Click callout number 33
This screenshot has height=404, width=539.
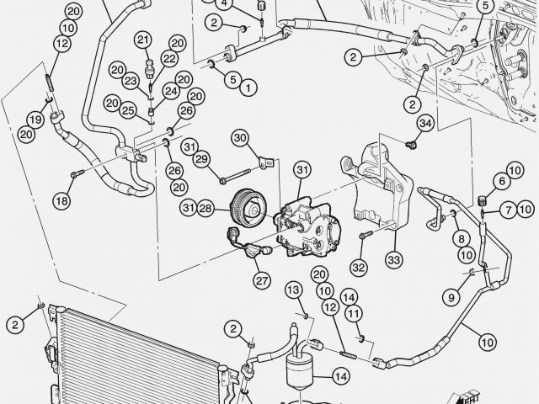pos(394,260)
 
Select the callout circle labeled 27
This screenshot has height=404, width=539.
pos(262,280)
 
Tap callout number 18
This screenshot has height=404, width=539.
pos(61,200)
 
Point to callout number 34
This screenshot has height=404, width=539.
pos(425,124)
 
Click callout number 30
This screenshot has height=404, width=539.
pos(241,138)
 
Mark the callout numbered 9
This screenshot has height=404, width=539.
pos(451,296)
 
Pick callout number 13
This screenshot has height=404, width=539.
pos(294,290)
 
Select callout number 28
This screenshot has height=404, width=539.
pos(205,208)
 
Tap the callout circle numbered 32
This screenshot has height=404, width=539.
pos(359,268)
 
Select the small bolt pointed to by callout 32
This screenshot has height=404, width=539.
pos(366,235)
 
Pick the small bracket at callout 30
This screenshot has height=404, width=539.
pos(266,162)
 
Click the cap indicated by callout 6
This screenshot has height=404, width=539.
pos(483,199)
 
